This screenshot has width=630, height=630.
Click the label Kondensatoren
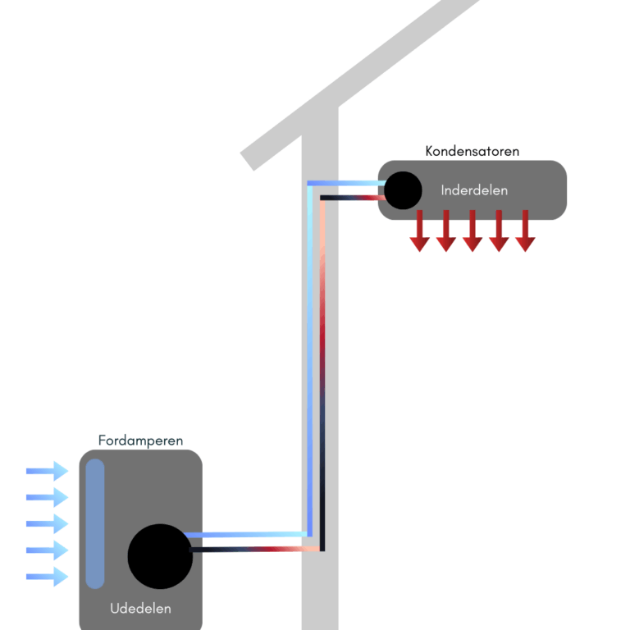[x=472, y=152]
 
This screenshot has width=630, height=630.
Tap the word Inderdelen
[x=474, y=190]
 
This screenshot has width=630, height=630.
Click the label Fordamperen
[x=140, y=441]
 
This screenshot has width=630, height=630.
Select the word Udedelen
[x=140, y=609]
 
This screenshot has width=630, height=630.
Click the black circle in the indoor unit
[x=403, y=190]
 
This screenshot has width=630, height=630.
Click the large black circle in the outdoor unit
[x=160, y=556]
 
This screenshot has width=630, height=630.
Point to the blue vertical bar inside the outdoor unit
[x=95, y=523]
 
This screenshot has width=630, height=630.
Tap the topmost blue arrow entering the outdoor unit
[x=47, y=471]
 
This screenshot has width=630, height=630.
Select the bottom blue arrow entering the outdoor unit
[x=47, y=577]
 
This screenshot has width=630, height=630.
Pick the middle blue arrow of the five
[x=47, y=523]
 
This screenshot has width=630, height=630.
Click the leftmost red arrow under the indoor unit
[x=420, y=231]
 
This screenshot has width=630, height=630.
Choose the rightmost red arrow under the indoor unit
[x=525, y=231]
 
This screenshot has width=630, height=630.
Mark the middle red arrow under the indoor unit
[x=472, y=231]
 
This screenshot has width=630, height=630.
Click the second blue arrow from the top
[x=47, y=497]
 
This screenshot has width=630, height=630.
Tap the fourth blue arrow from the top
[x=47, y=550]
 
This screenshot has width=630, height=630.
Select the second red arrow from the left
[x=446, y=231]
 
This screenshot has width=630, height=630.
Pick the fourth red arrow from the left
[x=499, y=231]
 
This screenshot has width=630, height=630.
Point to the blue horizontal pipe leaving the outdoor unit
[x=246, y=535]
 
